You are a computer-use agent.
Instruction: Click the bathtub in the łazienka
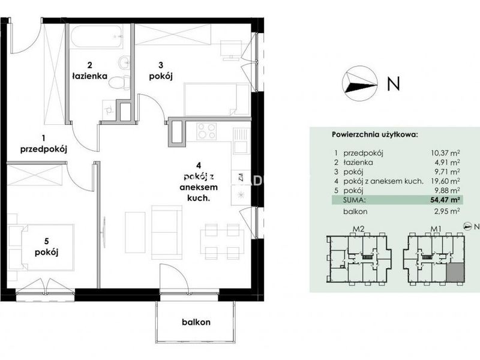click(x=97, y=36)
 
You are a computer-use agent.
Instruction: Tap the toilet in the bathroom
click(x=119, y=83)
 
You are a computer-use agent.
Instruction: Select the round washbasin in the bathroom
click(x=124, y=64)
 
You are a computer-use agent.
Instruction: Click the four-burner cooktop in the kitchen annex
click(x=206, y=131)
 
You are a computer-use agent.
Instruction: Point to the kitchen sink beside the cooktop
click(x=242, y=141)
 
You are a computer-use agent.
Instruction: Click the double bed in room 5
click(x=47, y=247)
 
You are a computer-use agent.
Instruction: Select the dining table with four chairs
click(x=222, y=242)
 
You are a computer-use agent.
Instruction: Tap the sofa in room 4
click(x=167, y=232)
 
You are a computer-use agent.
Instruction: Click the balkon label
click(x=196, y=322)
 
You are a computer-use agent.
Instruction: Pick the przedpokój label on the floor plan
click(x=43, y=149)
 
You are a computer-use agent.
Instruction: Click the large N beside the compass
click(x=394, y=83)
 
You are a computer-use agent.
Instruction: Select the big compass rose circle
click(x=359, y=83)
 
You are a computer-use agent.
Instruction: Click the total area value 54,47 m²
click(x=446, y=200)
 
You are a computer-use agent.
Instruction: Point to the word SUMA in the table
click(x=355, y=200)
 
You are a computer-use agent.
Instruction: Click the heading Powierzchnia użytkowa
click(x=374, y=134)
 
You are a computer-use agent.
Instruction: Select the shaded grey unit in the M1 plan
click(x=455, y=272)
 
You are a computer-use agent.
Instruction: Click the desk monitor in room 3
click(x=228, y=50)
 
